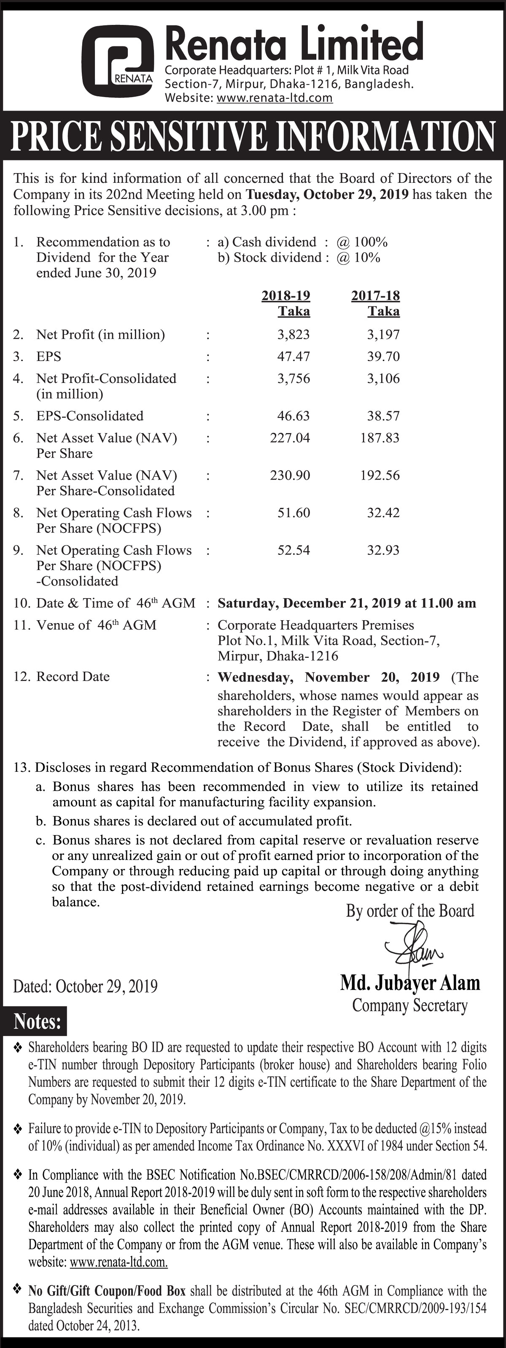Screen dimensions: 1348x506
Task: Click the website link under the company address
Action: click(274, 98)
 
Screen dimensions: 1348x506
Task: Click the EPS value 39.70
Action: click(383, 356)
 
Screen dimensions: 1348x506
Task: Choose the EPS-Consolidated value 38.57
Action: click(383, 416)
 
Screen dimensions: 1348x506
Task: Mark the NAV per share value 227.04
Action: click(290, 438)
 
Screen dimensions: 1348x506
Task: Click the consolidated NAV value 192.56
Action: click(379, 475)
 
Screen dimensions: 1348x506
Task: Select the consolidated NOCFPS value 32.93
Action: click(383, 550)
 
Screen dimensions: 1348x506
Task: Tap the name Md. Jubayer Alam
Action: click(410, 983)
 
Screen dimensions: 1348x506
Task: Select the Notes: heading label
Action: click(37, 1022)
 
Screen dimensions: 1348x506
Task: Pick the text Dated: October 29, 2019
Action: click(85, 986)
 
